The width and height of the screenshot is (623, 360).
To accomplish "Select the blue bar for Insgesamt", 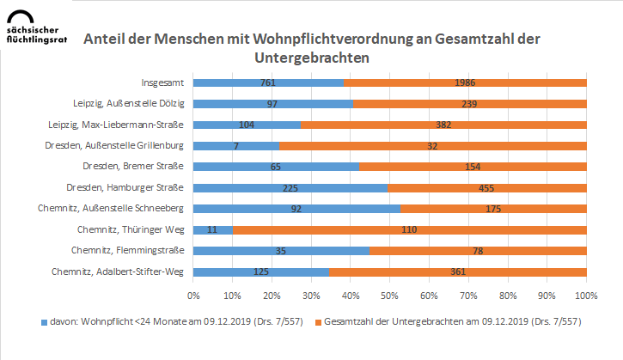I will (268, 82).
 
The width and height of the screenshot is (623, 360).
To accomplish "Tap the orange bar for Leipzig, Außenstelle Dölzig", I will (469, 104).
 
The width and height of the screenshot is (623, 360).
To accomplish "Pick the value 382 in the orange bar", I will (443, 125).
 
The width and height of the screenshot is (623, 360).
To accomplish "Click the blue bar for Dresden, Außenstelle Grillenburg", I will (235, 146).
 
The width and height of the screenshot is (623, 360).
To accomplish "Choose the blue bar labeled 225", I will (290, 187).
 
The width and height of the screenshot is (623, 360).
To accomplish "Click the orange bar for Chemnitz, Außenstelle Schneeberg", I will (492, 209).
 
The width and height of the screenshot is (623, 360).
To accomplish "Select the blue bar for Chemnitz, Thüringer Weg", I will (212, 229).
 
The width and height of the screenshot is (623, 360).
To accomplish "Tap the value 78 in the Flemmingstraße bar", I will (478, 251).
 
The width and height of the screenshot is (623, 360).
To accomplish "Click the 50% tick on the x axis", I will (389, 295).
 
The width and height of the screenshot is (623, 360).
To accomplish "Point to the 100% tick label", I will (585, 295).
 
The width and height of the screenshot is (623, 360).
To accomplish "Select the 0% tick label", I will (193, 295).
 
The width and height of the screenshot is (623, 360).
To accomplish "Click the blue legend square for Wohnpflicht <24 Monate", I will (45, 322).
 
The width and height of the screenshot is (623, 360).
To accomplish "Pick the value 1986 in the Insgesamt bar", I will (465, 82).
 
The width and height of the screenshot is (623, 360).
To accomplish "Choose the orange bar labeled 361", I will (457, 272).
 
